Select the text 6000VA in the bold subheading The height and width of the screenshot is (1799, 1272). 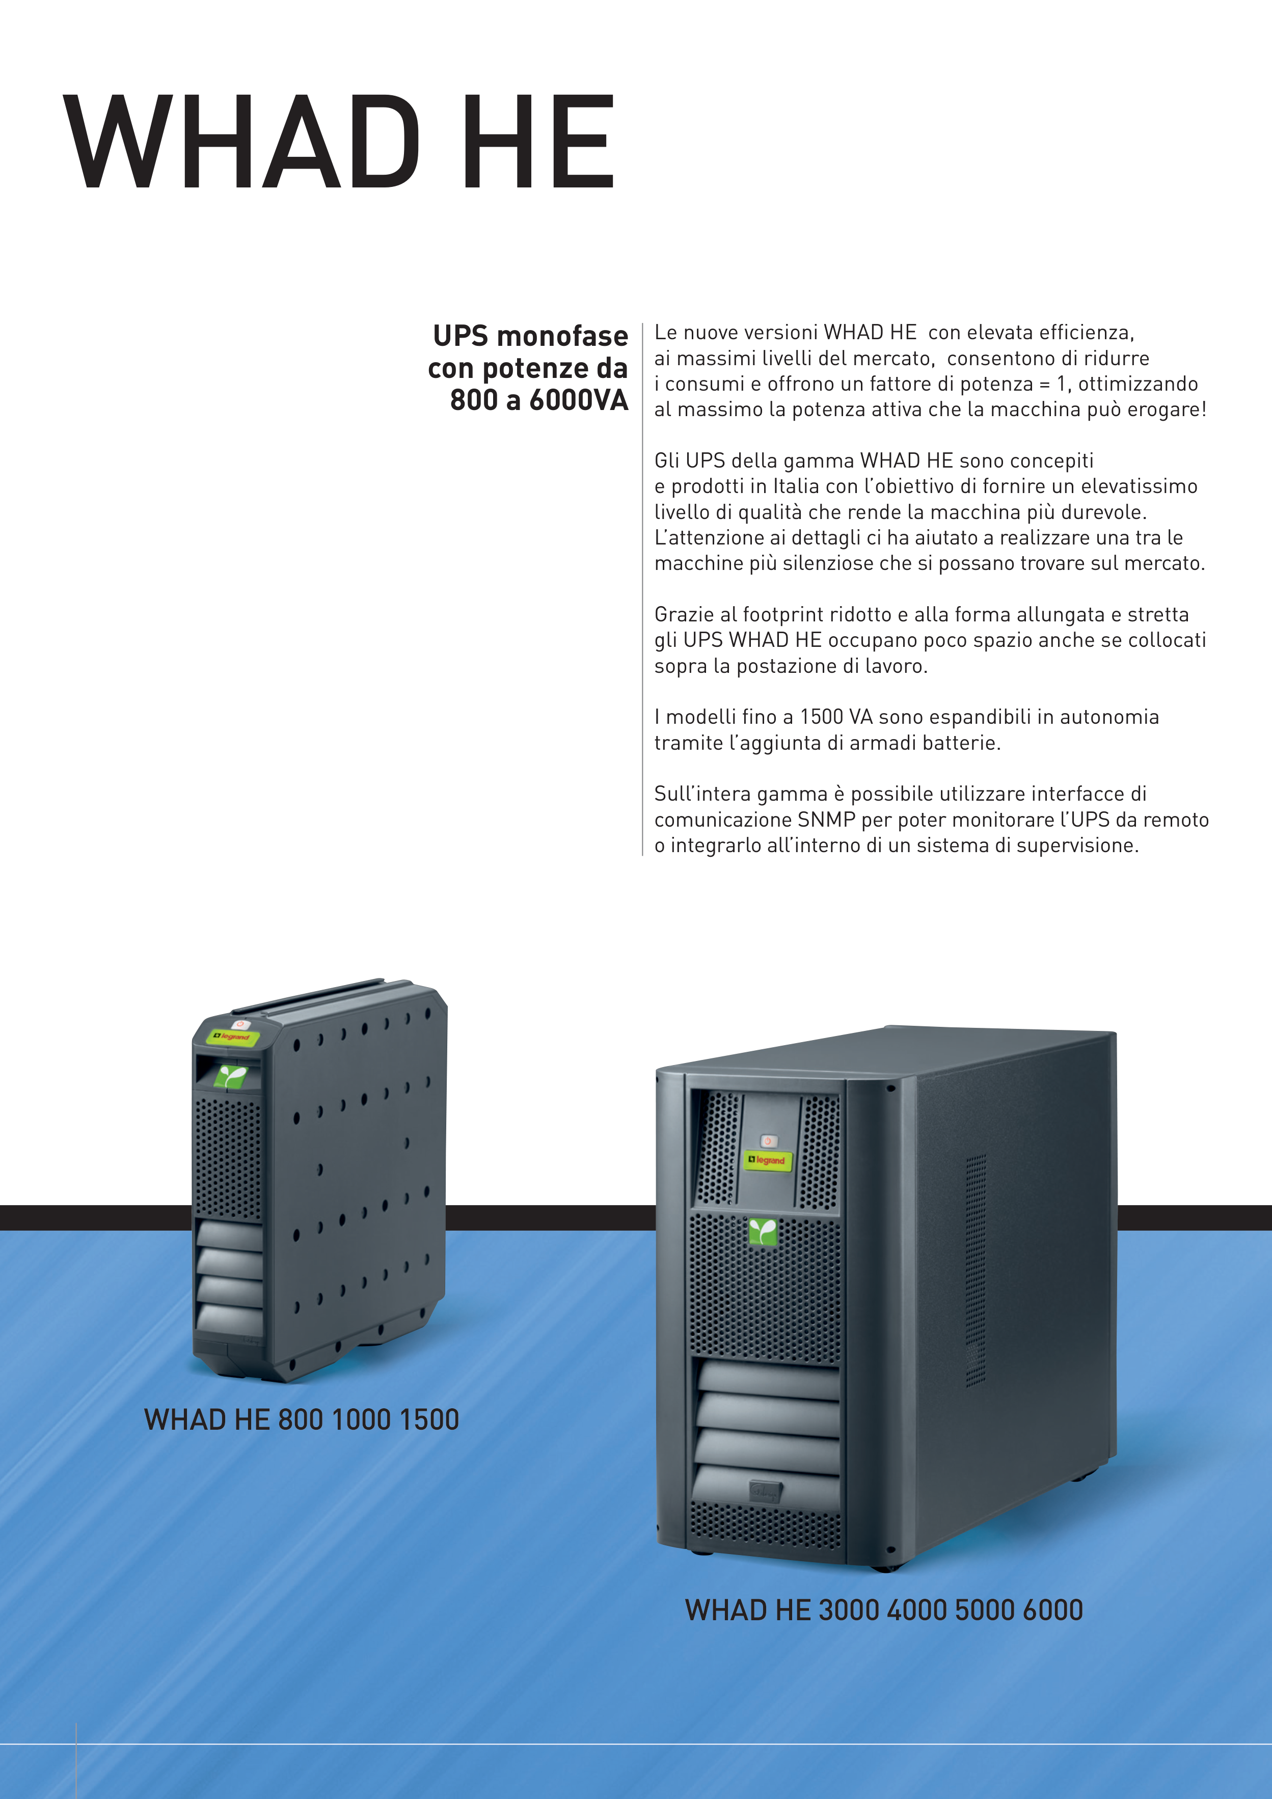point(578,400)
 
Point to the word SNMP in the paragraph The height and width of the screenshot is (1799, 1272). point(826,820)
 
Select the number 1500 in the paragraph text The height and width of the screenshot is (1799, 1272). point(821,717)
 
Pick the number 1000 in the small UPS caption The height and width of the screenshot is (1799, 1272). point(361,1420)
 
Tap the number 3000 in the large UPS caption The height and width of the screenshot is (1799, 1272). point(849,1610)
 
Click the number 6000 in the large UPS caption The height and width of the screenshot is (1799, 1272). point(1052,1610)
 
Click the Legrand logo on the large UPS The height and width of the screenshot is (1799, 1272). point(767,1160)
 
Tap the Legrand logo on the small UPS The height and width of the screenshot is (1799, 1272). point(233,1037)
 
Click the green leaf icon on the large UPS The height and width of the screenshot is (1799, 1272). point(763,1231)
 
